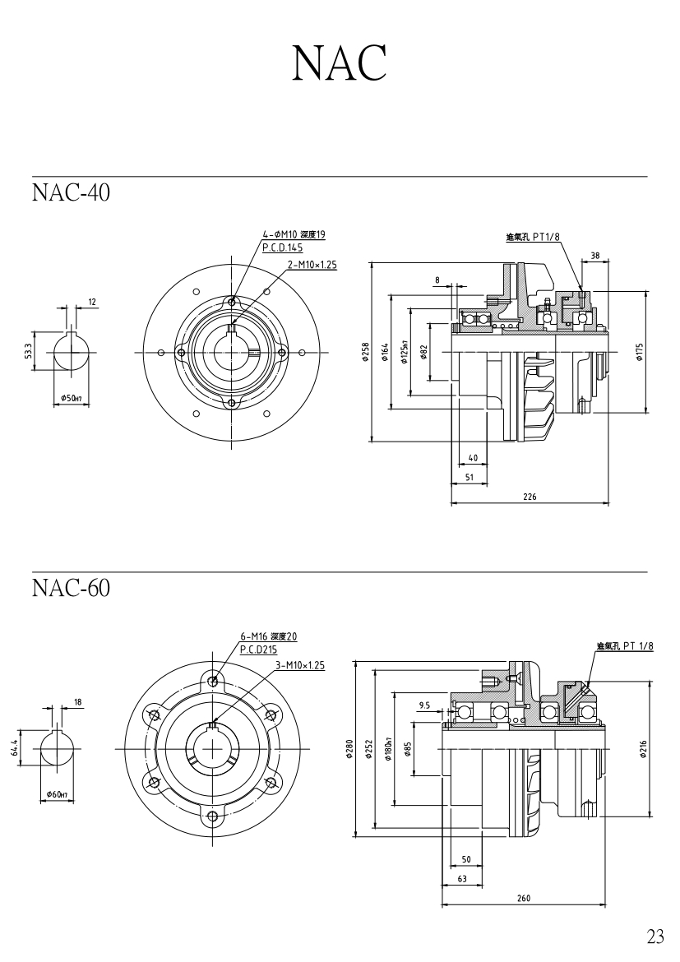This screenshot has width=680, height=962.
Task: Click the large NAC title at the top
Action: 339,62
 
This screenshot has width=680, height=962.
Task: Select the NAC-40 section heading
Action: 71,192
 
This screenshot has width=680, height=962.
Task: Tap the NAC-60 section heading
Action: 71,589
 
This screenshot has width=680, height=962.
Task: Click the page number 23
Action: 655,937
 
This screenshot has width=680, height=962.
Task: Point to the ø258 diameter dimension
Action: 365,352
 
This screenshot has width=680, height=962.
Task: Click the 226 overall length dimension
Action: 530,497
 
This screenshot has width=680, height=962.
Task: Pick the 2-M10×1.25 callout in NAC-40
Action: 312,265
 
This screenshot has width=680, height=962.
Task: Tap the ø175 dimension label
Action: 639,352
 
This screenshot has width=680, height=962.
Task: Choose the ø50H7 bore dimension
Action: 71,398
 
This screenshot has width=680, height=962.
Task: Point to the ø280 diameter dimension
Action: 349,748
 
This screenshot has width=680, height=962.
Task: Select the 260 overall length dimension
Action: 523,899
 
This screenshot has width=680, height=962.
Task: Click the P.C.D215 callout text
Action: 258,649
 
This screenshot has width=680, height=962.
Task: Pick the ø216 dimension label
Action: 643,748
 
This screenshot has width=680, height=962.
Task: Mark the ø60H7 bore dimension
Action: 60,794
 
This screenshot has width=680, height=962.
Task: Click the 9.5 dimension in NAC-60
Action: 424,705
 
